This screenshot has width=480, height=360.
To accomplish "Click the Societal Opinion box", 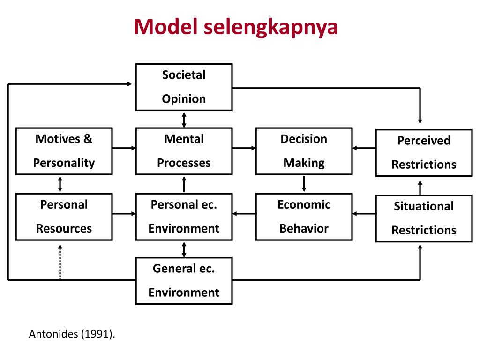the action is pos(184,87).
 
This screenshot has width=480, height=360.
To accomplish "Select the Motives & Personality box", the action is pos(64,151).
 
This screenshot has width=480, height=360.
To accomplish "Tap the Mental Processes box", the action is pos(184,151).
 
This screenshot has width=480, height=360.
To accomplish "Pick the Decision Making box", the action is pos(304,151).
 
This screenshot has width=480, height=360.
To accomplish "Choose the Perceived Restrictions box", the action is pos(424,152).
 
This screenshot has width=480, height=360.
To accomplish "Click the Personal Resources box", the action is pos(64,217).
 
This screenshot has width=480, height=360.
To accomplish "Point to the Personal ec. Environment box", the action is pos(184,217).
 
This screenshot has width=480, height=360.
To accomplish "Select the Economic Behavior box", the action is pos(304,217).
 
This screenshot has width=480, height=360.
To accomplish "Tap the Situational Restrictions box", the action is pos(424,218).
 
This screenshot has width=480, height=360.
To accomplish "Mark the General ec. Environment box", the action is pos(184,281).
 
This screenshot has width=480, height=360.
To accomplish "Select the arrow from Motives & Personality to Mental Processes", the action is pos(124,148).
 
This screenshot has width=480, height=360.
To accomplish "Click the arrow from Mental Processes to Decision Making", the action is pos(244,148).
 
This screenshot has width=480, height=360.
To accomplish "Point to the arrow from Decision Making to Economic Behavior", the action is pos(304,184).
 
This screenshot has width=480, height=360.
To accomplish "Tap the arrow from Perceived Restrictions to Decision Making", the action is pos(364,148).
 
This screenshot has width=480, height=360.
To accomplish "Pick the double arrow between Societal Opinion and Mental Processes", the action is pos(184,119).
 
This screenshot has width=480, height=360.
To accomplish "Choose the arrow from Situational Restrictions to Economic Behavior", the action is pos(364,214).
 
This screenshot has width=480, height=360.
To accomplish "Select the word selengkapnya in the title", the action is pos(270,27).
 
